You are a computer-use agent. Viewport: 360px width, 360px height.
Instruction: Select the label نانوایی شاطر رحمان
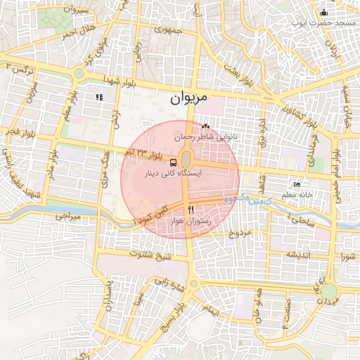(210, 138)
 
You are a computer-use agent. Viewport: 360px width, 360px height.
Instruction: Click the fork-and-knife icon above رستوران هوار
(191, 211)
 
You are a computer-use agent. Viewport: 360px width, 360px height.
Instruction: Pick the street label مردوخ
(239, 232)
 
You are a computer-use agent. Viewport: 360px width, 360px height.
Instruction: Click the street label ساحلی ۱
(298, 221)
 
